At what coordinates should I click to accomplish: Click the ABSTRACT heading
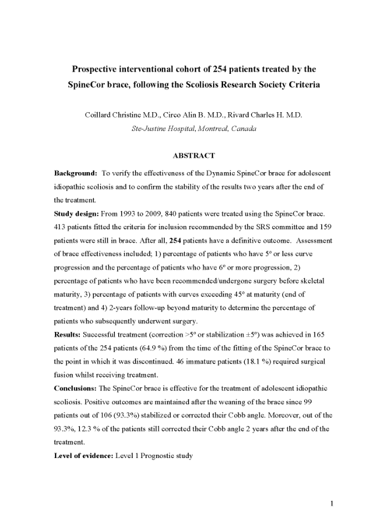(x=194, y=156)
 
